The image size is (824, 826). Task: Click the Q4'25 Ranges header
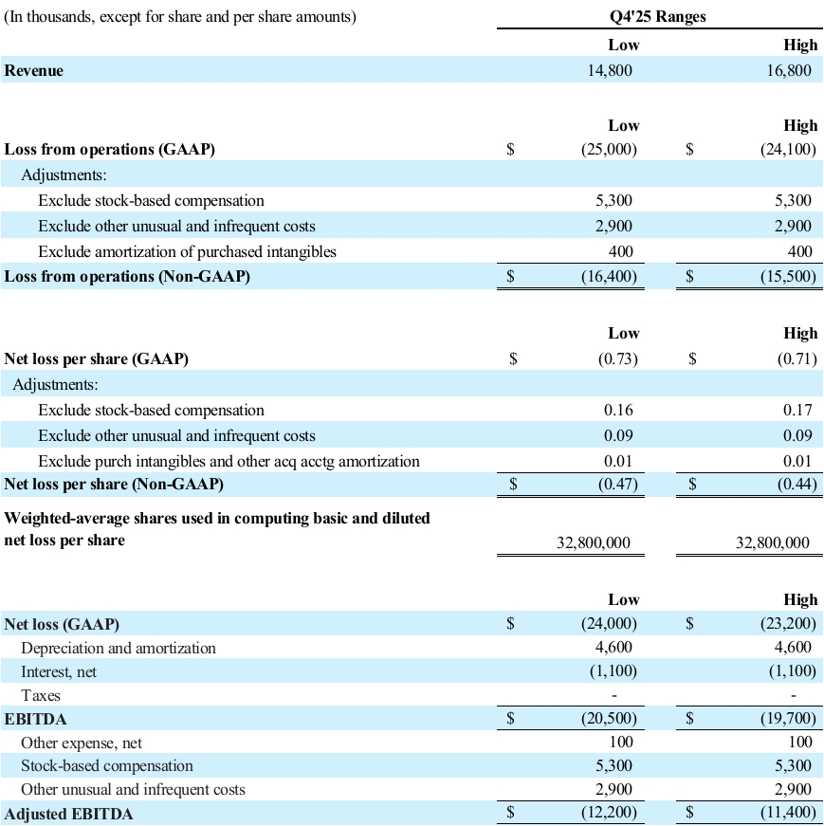click(x=658, y=17)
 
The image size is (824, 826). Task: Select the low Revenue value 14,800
click(x=611, y=70)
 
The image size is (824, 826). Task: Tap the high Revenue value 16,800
click(x=789, y=70)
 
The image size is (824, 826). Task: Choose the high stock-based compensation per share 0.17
click(x=797, y=411)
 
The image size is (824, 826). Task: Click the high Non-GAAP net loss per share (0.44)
click(x=795, y=485)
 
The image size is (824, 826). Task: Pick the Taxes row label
click(x=41, y=696)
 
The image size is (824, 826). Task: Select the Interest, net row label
click(x=59, y=671)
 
